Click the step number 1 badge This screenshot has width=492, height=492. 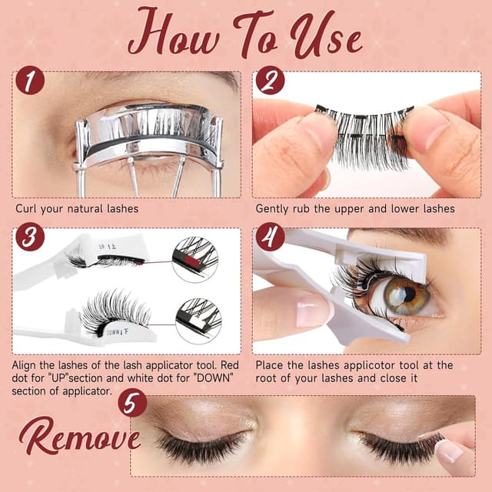click(29, 80)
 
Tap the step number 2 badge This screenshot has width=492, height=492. click(270, 80)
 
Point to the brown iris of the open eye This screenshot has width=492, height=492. click(405, 294)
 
